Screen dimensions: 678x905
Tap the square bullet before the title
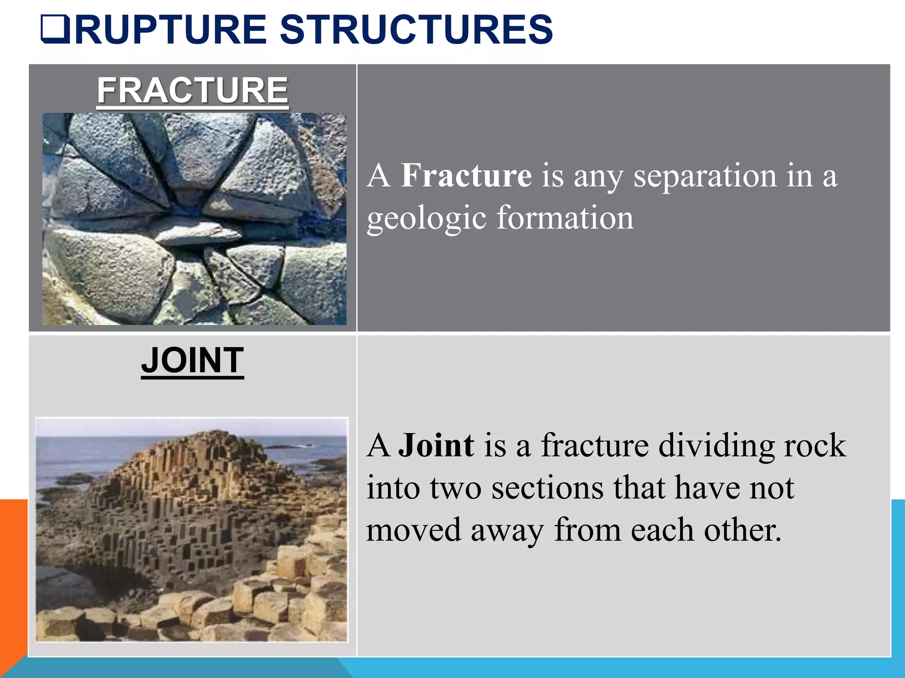(55, 30)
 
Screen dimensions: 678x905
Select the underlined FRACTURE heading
(192, 90)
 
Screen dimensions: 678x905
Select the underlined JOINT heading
(192, 360)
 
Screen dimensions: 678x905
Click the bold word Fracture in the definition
(466, 176)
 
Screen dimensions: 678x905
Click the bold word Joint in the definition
(436, 445)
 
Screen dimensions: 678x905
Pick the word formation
(565, 218)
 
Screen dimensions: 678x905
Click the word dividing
(716, 445)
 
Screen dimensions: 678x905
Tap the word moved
(413, 530)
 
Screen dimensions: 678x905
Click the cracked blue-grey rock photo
(194, 219)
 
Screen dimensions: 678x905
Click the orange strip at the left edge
(13, 574)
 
